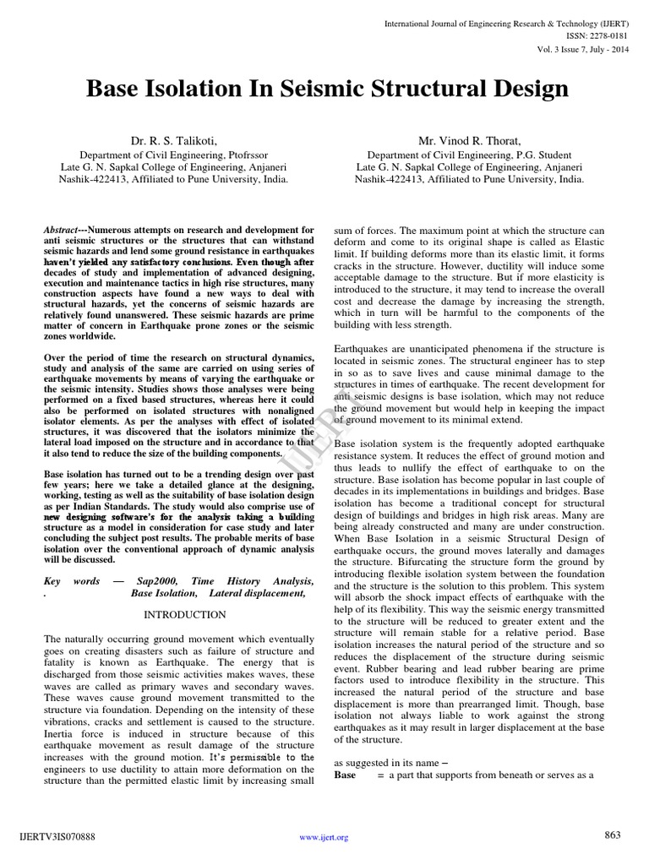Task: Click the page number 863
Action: [613, 835]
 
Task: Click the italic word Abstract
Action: [62, 230]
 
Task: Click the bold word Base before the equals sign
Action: [346, 775]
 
